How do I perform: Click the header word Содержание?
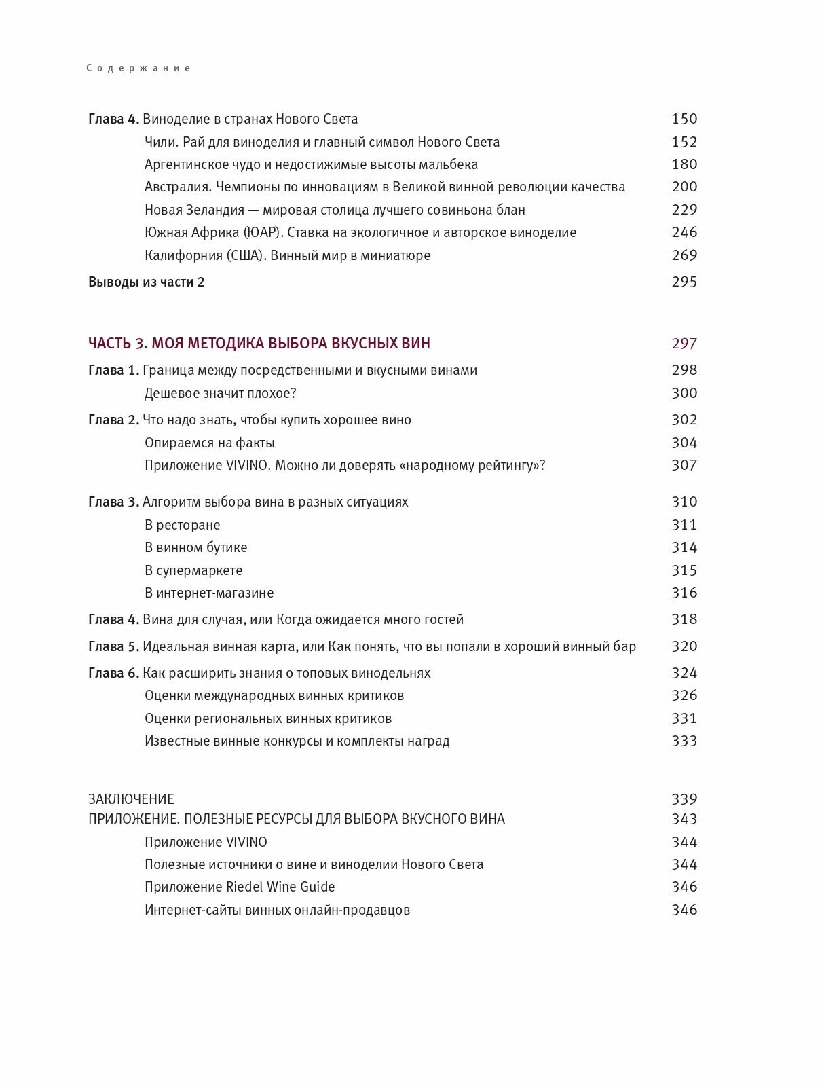(x=138, y=68)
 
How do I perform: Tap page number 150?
(x=684, y=119)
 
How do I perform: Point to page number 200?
(x=684, y=187)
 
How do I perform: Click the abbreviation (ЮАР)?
(x=262, y=232)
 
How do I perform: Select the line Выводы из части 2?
(x=146, y=282)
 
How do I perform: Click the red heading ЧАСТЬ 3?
(x=117, y=344)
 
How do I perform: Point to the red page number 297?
(x=684, y=344)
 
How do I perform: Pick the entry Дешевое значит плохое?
(x=221, y=393)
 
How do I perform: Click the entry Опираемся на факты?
(x=209, y=443)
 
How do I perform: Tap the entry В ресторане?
(x=182, y=525)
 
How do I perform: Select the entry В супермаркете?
(x=193, y=570)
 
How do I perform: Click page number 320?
(x=684, y=646)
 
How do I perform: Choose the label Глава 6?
(x=113, y=673)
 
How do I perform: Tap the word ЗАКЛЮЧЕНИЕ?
(x=131, y=799)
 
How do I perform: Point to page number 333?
(x=684, y=741)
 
